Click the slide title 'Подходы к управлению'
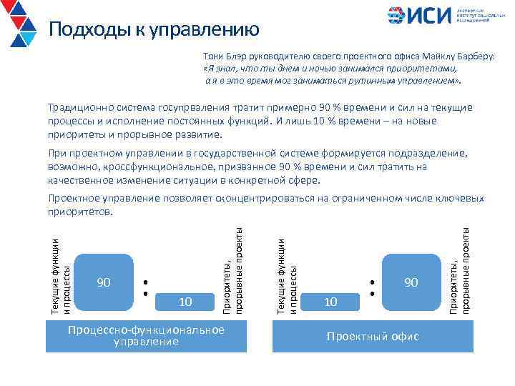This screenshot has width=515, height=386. [x=154, y=30]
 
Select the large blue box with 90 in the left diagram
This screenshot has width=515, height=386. [x=103, y=283]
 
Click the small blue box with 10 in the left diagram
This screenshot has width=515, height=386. [x=185, y=302]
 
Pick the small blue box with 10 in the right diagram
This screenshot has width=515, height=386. [x=330, y=302]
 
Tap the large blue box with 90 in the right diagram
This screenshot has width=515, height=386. [x=410, y=283]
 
